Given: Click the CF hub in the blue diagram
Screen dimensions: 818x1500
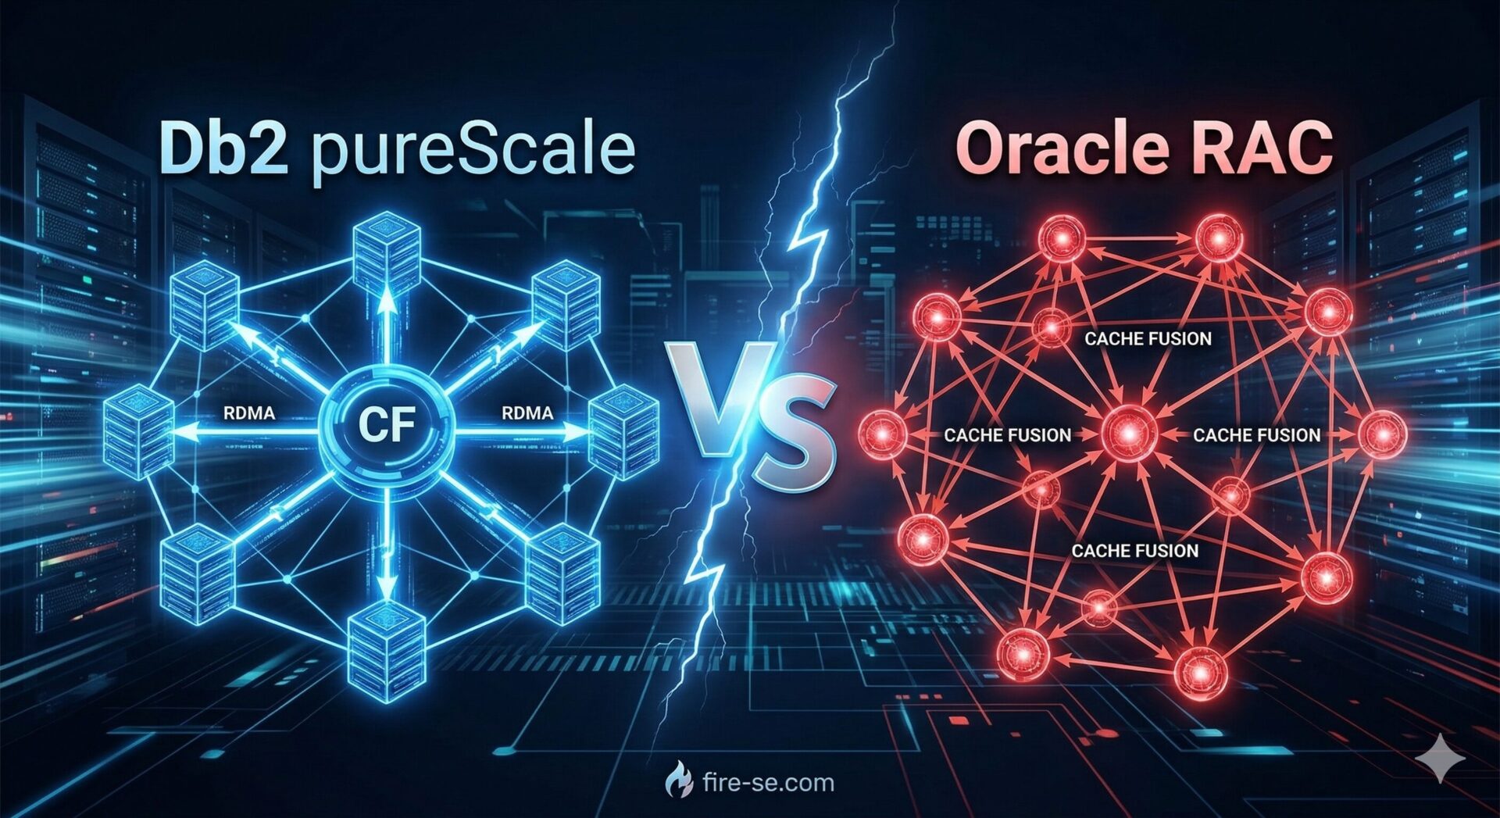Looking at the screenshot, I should click(x=387, y=423).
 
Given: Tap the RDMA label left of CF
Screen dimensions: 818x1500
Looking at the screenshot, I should click(x=249, y=413).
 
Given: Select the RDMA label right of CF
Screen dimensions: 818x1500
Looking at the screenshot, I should click(x=527, y=413).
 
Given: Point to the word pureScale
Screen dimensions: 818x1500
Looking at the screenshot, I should click(x=473, y=152).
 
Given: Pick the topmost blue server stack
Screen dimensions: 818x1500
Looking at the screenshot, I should click(x=387, y=254).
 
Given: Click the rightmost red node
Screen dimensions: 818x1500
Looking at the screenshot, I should click(x=1382, y=434).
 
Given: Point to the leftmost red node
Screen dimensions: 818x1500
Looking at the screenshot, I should click(x=882, y=432).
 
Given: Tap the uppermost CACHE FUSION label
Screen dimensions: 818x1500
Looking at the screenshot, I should click(x=1148, y=338).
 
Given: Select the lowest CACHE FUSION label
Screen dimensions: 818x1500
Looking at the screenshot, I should click(x=1134, y=551).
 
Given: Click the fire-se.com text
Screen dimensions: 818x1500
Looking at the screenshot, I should click(x=768, y=782).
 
